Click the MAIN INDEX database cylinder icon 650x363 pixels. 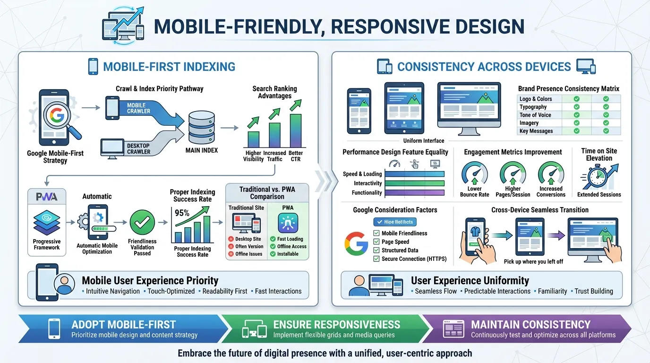202,128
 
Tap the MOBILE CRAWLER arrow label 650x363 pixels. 139,108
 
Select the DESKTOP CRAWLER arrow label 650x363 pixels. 138,149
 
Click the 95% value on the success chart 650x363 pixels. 182,213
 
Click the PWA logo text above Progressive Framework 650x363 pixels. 46,197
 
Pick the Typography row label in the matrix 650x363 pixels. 533,107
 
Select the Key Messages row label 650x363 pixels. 536,131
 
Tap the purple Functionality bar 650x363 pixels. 415,192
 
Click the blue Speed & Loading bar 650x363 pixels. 415,174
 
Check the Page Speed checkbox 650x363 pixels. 376,242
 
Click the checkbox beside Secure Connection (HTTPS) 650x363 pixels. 376,259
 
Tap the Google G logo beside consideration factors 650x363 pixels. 356,244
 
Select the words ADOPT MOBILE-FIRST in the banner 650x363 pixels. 124,325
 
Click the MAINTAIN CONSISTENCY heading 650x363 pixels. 530,325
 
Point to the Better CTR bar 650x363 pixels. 296,130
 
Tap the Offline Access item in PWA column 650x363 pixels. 291,246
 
